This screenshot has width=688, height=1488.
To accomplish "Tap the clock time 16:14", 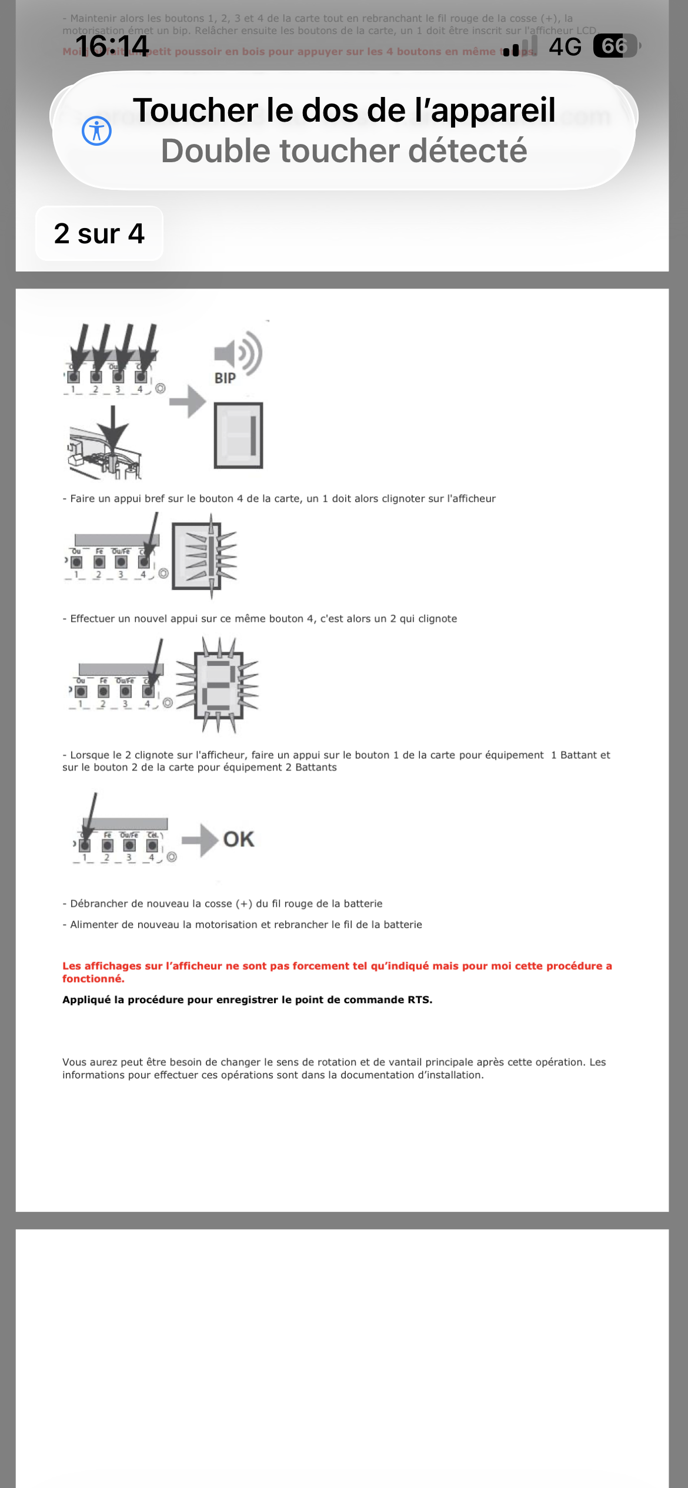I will (112, 46).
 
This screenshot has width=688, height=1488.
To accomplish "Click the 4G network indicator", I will (565, 46).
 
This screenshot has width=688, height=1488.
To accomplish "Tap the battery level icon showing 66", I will (615, 46).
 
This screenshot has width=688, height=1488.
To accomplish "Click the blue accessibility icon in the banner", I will (96, 130).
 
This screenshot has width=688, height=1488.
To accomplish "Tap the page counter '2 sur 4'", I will (99, 233).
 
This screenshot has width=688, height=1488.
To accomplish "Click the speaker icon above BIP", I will (238, 353).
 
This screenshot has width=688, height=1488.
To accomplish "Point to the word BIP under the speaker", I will (225, 378).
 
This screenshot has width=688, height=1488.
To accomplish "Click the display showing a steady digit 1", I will (238, 435).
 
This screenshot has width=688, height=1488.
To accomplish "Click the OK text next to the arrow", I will (239, 839).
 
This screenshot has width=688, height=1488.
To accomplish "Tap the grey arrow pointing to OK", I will (200, 840).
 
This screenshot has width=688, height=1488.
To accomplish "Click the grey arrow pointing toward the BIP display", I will (188, 401).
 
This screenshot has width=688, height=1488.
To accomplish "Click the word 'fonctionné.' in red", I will (93, 978).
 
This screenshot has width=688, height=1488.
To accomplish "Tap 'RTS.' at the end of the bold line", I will (420, 1000).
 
